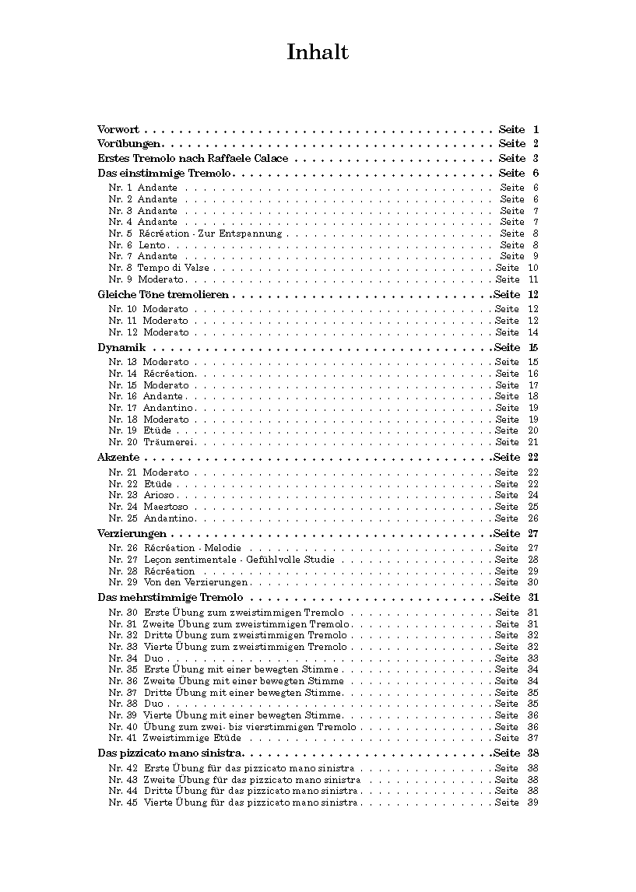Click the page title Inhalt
tap(318, 52)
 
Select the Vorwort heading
tap(118, 129)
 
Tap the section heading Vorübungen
tap(129, 144)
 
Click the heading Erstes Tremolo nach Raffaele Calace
tap(193, 159)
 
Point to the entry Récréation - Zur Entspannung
tap(210, 234)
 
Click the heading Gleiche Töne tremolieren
tap(163, 295)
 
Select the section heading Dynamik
tap(121, 348)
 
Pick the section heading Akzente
tap(118, 458)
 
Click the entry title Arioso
tap(160, 495)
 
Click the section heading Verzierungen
tap(132, 534)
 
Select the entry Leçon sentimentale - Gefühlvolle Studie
tap(239, 560)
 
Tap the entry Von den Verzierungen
tap(195, 582)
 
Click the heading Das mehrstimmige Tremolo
tap(170, 598)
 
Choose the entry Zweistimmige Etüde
tap(192, 738)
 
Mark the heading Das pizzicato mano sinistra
tap(170, 753)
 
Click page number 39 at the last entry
tap(533, 802)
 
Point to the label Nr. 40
tap(123, 727)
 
